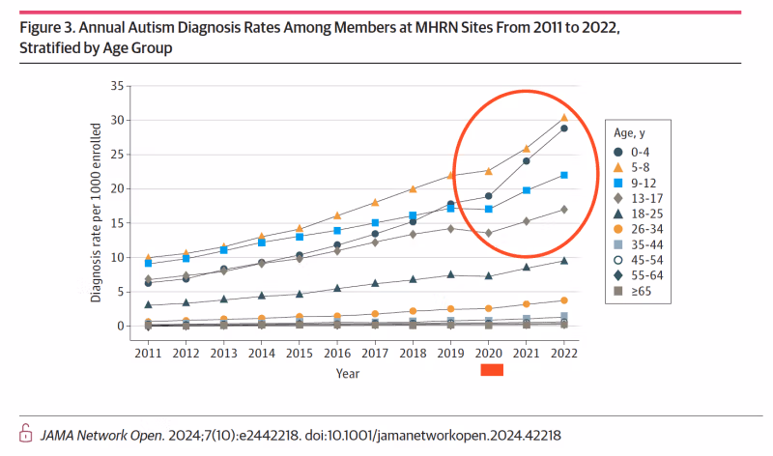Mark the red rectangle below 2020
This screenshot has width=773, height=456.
coord(492,369)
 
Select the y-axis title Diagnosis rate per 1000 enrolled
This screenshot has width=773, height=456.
coord(98,212)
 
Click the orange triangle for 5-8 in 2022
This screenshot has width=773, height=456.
coord(563,118)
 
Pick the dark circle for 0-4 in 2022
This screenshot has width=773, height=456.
coord(563,128)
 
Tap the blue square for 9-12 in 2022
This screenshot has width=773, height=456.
coord(563,175)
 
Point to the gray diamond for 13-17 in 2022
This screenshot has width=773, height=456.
coord(563,209)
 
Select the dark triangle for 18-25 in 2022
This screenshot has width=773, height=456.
coord(563,261)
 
